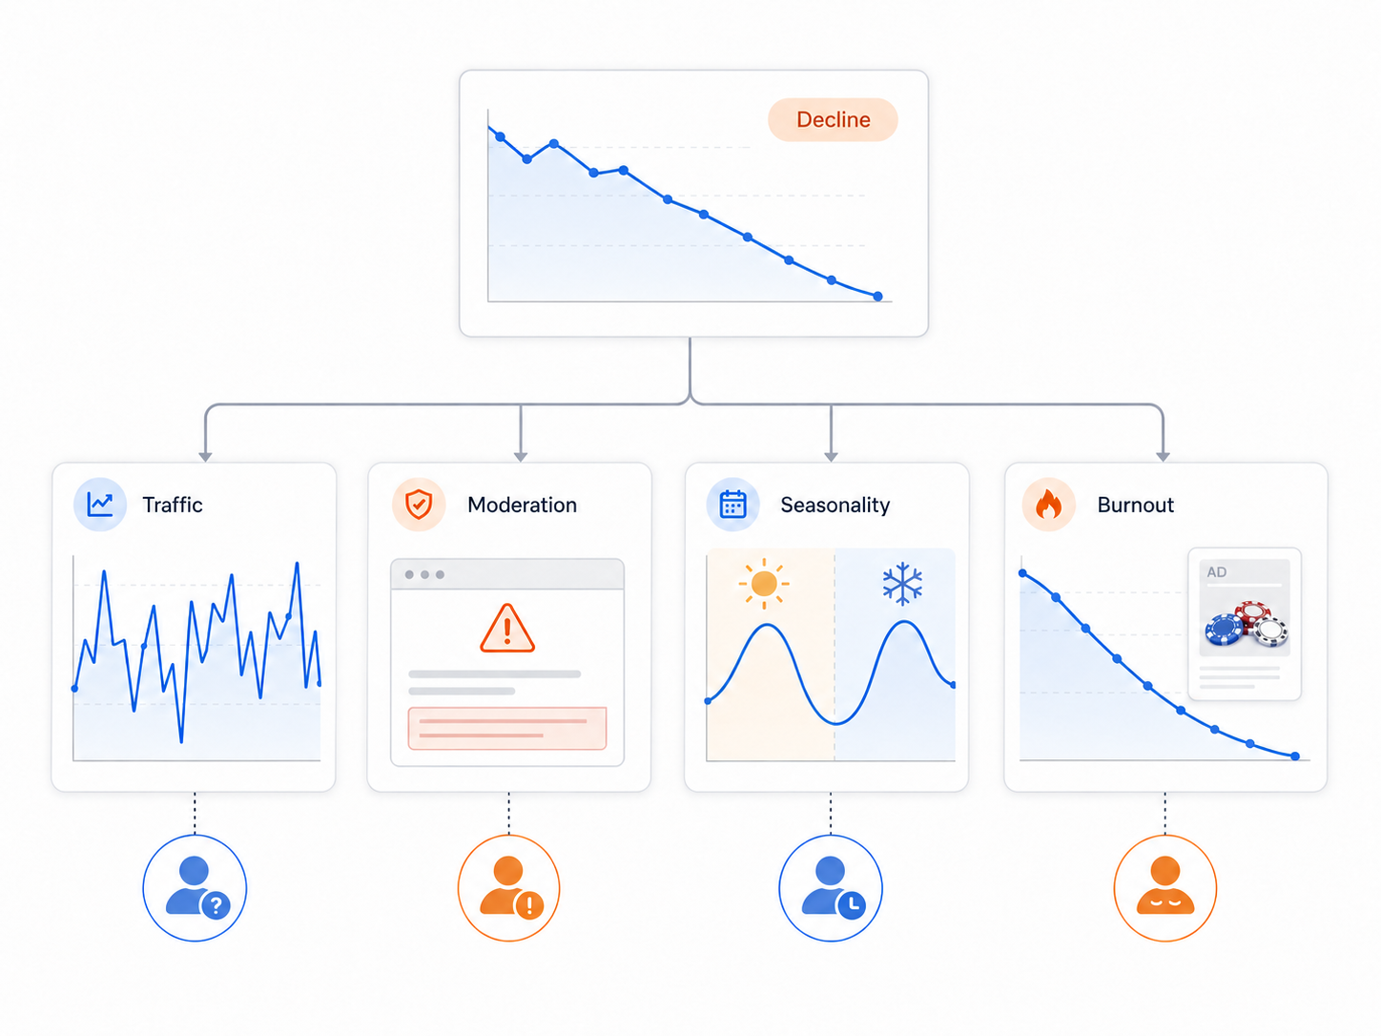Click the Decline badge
(x=833, y=119)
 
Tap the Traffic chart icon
(x=100, y=505)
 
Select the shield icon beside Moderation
(x=419, y=505)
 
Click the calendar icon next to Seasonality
(x=732, y=505)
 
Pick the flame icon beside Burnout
(x=1048, y=505)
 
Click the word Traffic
(x=173, y=505)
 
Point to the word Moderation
(x=522, y=505)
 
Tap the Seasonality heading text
(x=835, y=505)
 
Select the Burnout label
(x=1135, y=505)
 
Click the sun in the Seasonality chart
(x=764, y=584)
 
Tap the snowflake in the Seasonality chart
(x=902, y=584)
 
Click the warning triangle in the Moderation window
(x=507, y=629)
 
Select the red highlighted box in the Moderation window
(x=507, y=729)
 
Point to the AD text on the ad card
(x=1216, y=571)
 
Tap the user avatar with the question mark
(x=195, y=887)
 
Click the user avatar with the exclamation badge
(x=508, y=887)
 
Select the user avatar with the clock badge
(x=831, y=887)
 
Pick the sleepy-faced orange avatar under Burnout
(x=1165, y=887)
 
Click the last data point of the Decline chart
(x=877, y=297)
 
